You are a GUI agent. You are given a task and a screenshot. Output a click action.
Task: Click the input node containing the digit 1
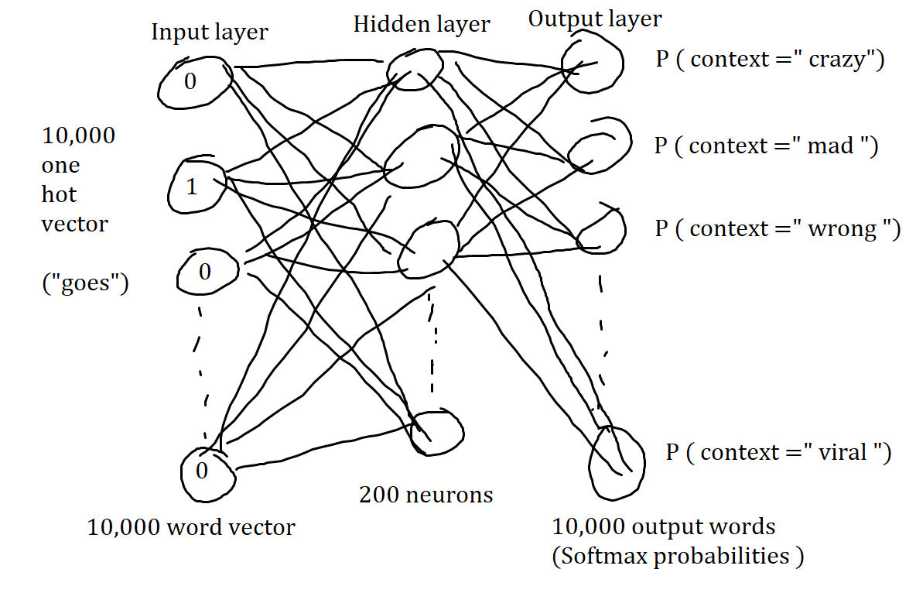point(195,183)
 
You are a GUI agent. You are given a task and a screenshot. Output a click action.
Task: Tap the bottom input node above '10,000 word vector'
point(207,471)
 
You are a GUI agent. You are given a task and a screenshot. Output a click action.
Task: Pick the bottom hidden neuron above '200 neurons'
point(437,431)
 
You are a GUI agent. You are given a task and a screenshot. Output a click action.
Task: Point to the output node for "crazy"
point(592,66)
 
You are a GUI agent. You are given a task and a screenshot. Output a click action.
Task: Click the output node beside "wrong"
point(599,229)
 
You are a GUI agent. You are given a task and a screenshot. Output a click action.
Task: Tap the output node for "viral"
point(616,457)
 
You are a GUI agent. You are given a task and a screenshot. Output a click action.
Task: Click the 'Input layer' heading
point(210,33)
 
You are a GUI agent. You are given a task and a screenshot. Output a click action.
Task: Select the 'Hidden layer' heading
point(422,24)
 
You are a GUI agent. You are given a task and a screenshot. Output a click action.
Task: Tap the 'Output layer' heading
point(595,19)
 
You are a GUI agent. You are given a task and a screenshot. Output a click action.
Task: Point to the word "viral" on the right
point(844,452)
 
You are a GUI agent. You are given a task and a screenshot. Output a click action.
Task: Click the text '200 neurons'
point(426,494)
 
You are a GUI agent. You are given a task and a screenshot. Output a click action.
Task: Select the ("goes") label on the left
point(85,284)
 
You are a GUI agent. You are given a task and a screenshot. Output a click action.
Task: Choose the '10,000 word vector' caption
point(191,528)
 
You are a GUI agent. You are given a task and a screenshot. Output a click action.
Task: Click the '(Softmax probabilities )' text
point(678,556)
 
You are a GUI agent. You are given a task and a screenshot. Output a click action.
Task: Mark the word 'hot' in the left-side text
point(59,194)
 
